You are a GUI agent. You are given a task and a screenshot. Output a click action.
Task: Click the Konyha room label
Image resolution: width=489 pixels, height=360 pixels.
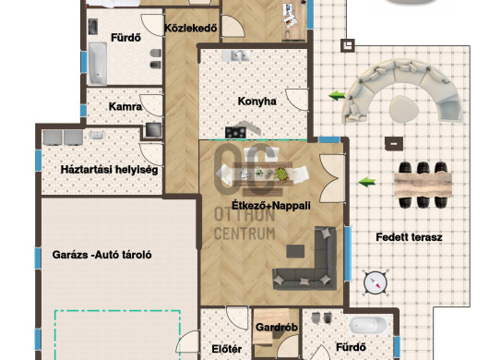256,102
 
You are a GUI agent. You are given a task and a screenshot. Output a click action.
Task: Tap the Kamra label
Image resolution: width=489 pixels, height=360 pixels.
125,107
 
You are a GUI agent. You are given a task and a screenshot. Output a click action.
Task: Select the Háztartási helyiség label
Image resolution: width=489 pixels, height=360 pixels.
109,170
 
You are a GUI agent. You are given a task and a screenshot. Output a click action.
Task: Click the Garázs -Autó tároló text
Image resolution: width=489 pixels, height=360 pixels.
102,255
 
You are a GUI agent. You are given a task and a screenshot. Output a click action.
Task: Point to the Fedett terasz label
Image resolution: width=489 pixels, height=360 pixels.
409,237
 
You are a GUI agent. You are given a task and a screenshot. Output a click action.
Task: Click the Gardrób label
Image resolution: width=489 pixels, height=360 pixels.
276,328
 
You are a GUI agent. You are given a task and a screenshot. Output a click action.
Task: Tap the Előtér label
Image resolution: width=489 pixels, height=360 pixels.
227,349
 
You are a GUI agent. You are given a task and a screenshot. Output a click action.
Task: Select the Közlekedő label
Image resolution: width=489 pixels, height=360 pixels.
191,29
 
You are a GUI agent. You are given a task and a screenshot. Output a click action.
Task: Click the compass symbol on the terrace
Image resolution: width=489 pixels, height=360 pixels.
376,283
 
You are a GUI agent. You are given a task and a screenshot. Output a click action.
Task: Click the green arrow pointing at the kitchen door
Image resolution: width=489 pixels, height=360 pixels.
337,95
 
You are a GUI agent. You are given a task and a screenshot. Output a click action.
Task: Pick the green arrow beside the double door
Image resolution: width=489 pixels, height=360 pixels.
367,182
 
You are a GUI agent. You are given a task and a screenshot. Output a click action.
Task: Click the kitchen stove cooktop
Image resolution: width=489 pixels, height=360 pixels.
235,133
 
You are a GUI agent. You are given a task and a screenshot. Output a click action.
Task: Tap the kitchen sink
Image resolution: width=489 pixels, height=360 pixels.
236,55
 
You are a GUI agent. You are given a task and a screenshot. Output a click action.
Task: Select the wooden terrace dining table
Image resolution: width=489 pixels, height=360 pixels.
423,185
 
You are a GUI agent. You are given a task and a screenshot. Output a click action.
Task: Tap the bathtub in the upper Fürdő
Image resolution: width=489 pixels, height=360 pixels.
97,64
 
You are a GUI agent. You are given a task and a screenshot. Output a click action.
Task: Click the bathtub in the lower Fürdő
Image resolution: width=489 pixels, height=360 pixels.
368,325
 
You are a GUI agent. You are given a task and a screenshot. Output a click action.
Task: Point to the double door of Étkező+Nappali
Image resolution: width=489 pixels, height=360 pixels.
332,178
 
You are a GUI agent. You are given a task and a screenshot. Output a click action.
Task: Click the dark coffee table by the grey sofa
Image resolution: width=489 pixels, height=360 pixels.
295,251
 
